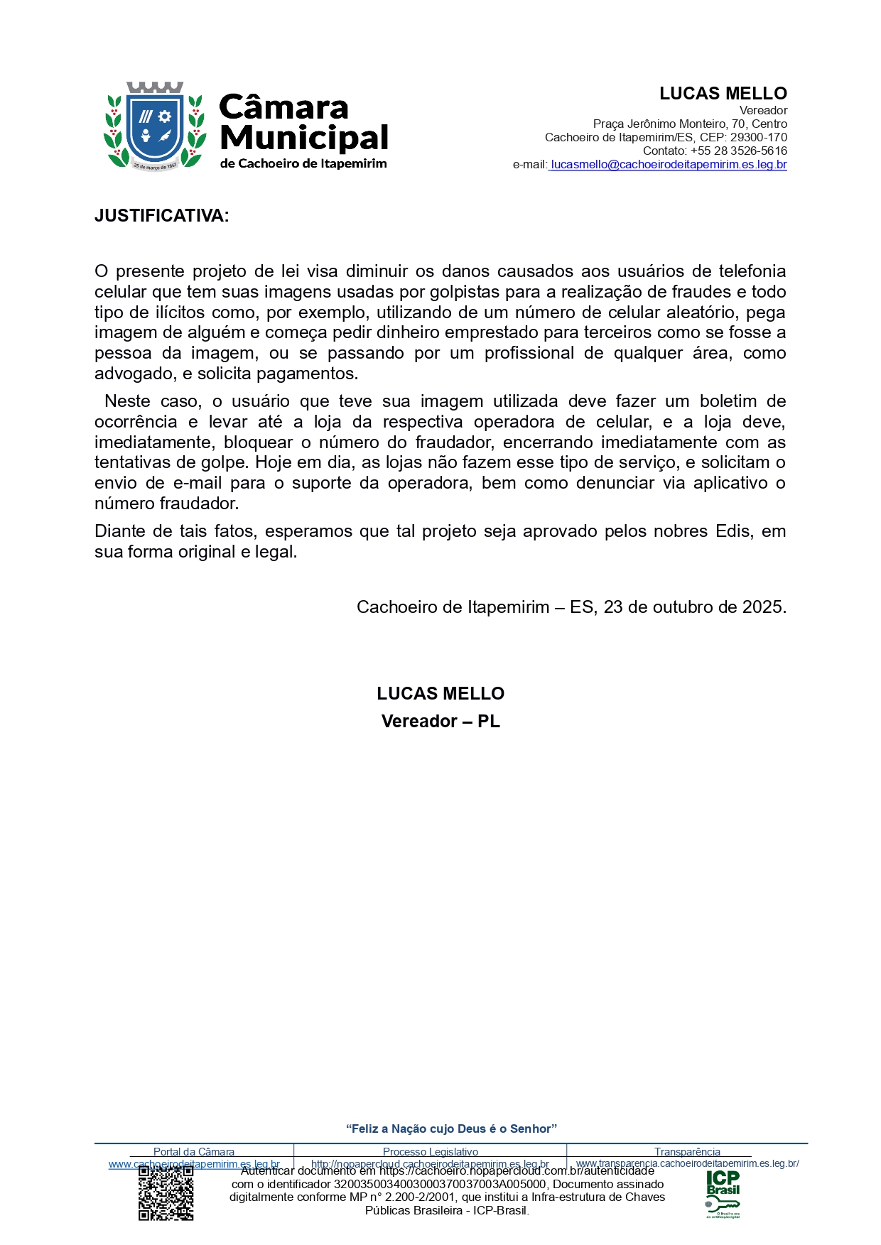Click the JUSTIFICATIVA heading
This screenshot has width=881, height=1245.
pyautogui.click(x=162, y=216)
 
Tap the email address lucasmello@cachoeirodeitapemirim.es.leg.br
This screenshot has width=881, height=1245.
pyautogui.click(x=669, y=165)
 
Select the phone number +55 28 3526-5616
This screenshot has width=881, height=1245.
pyautogui.click(x=738, y=151)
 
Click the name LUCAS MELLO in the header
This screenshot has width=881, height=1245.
pyautogui.click(x=723, y=94)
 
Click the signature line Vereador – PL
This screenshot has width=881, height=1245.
pyautogui.click(x=440, y=722)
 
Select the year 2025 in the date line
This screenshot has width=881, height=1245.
pyautogui.click(x=762, y=607)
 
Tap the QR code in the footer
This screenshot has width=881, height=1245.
pyautogui.click(x=166, y=1193)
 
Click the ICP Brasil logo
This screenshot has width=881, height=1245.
pyautogui.click(x=723, y=1193)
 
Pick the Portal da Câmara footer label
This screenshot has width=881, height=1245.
pyautogui.click(x=194, y=1152)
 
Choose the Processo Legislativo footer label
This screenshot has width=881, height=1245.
pyautogui.click(x=430, y=1152)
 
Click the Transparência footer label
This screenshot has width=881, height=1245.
pyautogui.click(x=687, y=1152)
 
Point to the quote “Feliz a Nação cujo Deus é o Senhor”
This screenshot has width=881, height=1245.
pyautogui.click(x=451, y=1129)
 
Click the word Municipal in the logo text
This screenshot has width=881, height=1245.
pyautogui.click(x=304, y=138)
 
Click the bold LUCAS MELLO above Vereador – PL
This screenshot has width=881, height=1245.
pyautogui.click(x=440, y=694)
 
